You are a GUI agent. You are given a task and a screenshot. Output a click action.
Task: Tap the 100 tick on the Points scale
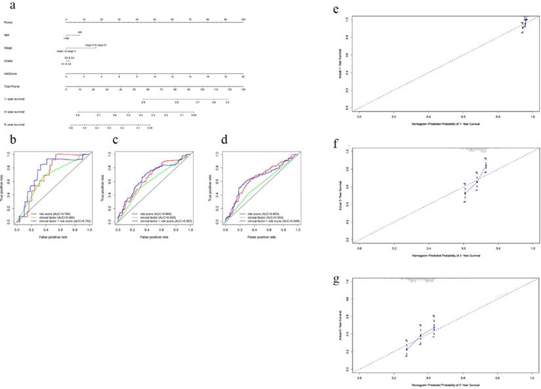(x=243, y=19)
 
